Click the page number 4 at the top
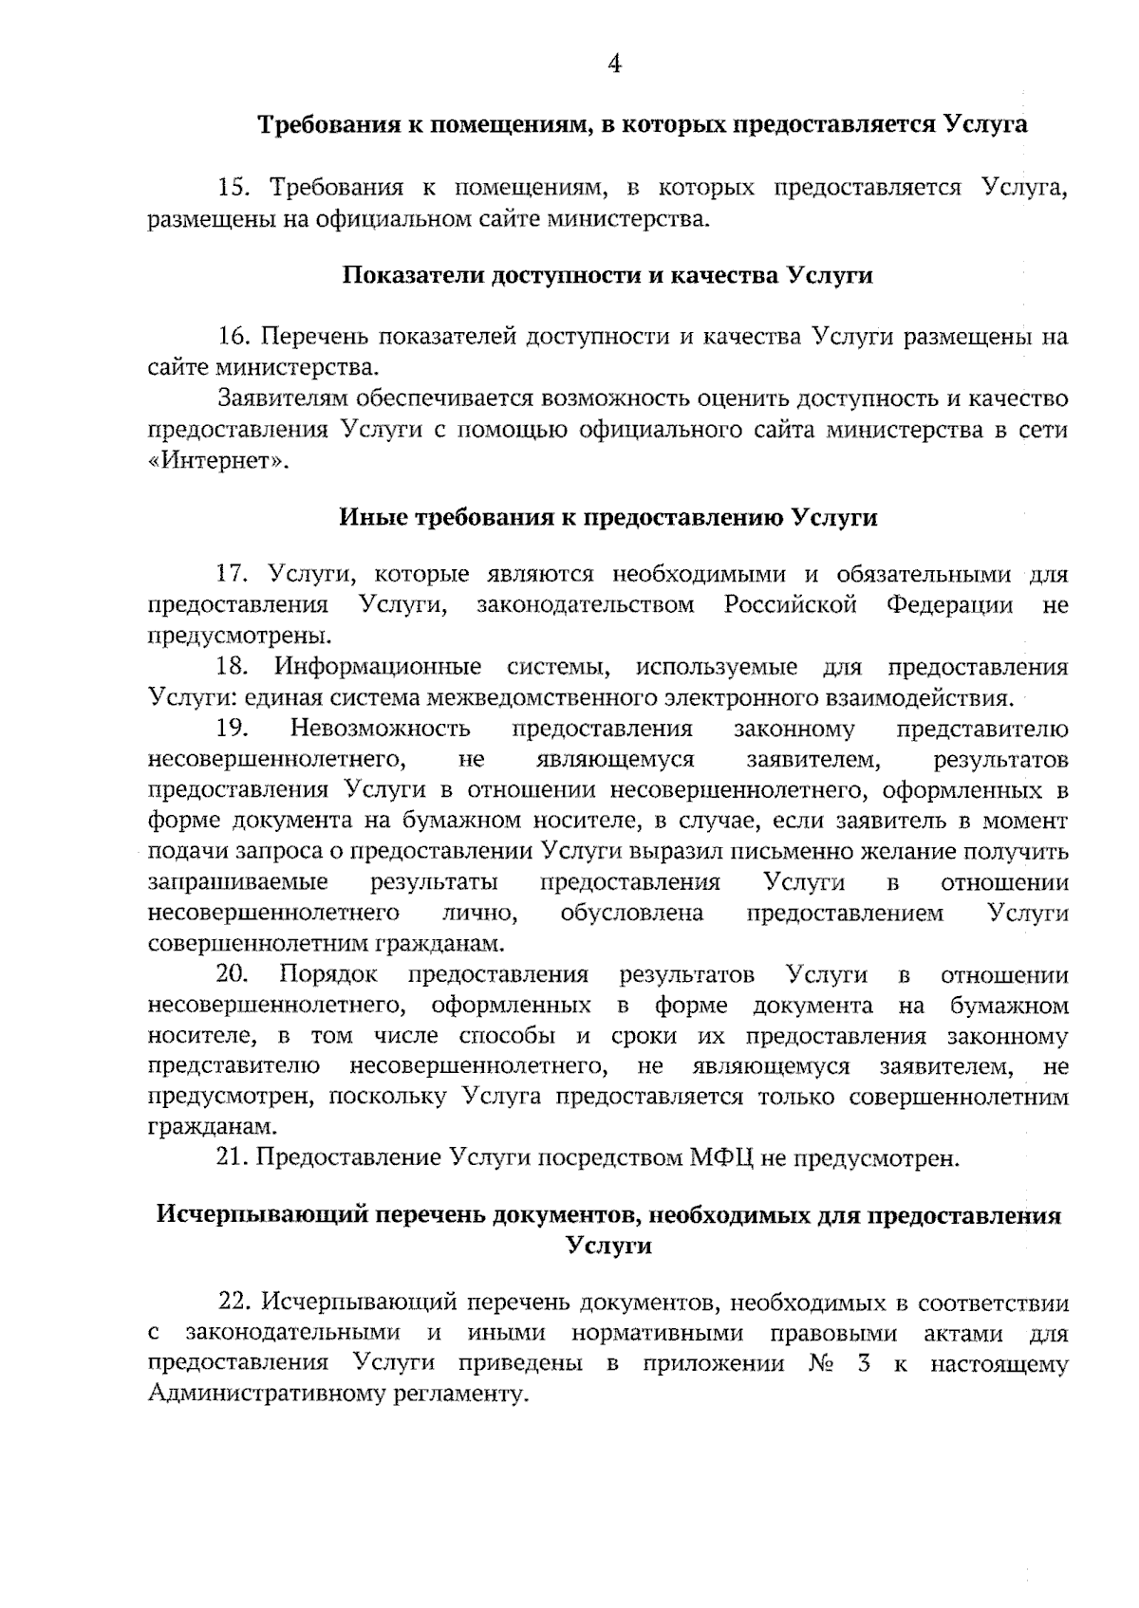pyautogui.click(x=614, y=65)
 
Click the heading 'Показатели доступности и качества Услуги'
pyautogui.click(x=607, y=276)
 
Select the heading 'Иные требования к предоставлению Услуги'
pyautogui.click(x=608, y=518)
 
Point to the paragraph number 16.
pyautogui.click(x=233, y=337)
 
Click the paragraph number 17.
pyautogui.click(x=233, y=575)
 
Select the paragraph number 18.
pyautogui.click(x=232, y=668)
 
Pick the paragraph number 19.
pyautogui.click(x=232, y=730)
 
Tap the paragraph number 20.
pyautogui.click(x=232, y=975)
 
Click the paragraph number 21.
pyautogui.click(x=232, y=1158)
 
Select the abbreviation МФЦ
pyautogui.click(x=718, y=1158)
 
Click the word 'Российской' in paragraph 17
pyautogui.click(x=791, y=605)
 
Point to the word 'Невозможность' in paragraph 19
pyautogui.click(x=380, y=730)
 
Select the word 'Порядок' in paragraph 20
pyautogui.click(x=328, y=975)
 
